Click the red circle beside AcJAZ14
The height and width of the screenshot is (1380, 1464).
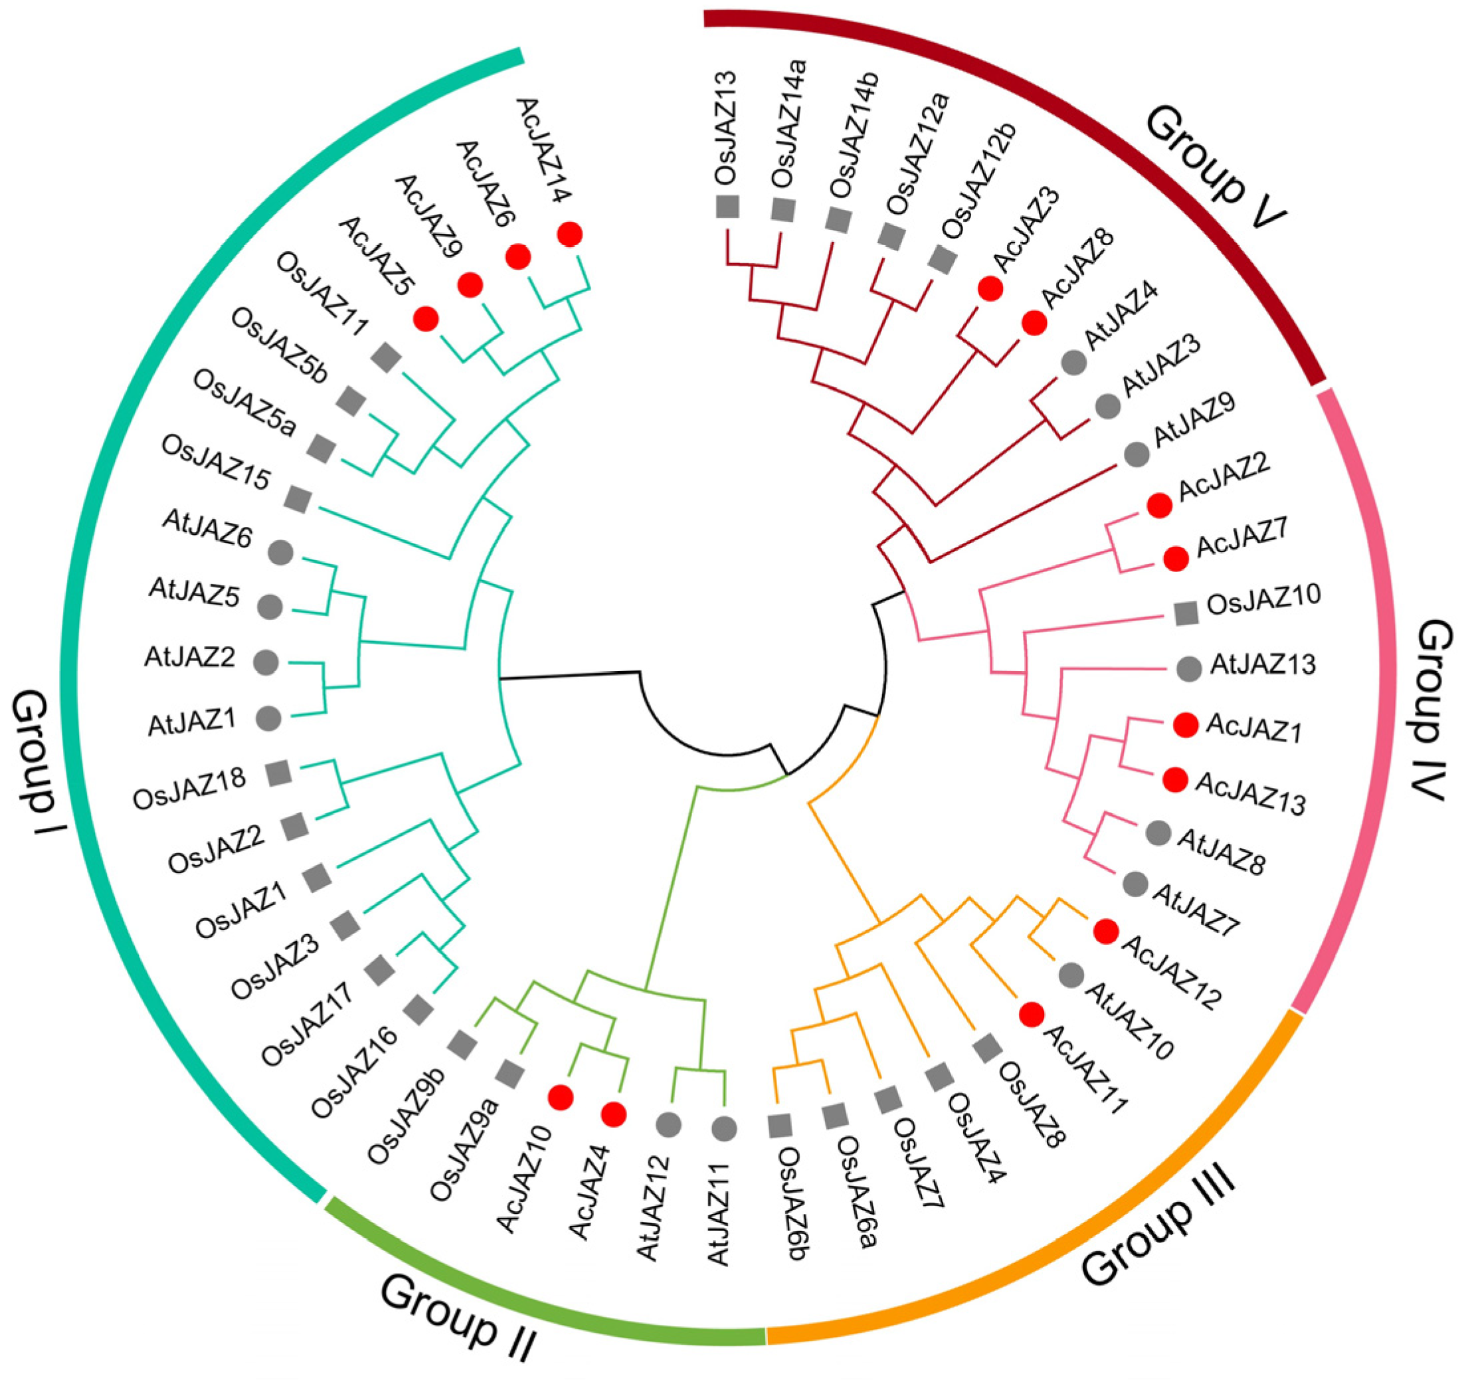point(570,235)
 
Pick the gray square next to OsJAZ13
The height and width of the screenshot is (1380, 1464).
point(727,206)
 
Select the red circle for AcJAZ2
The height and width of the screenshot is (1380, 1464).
point(1159,506)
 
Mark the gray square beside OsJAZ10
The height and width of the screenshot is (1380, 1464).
point(1185,614)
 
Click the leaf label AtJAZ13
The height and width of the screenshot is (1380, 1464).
point(1263,666)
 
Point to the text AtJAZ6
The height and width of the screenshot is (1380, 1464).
point(207,530)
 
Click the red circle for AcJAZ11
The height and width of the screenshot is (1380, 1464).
point(1031,1015)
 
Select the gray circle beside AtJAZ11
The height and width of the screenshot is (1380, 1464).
point(724,1128)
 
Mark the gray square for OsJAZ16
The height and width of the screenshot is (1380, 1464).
point(420,1009)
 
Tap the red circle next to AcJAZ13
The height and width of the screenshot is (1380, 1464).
point(1174,779)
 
